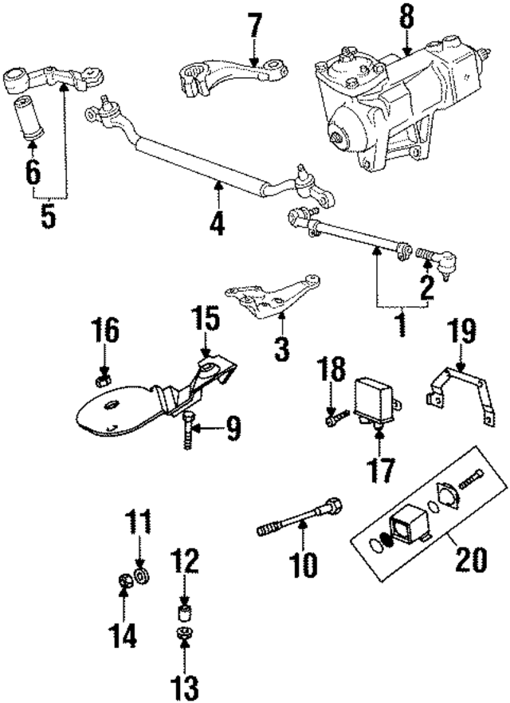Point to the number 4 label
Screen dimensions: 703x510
217,218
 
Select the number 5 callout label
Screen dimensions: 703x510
49,218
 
